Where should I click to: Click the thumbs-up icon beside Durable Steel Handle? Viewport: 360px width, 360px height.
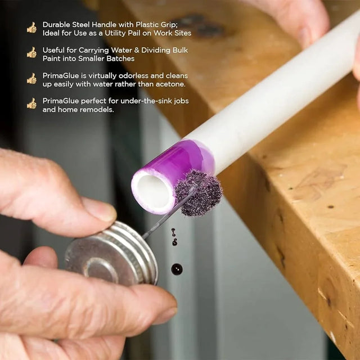tap(31, 28)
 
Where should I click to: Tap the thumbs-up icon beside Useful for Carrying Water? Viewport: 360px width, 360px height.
tap(31, 52)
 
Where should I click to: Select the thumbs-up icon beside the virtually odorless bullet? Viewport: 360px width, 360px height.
tap(31, 79)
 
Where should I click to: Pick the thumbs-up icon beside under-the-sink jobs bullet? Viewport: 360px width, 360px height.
tap(31, 103)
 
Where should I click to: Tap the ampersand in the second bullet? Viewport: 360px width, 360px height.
tap(137, 50)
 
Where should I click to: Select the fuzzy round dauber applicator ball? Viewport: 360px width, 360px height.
tap(198, 193)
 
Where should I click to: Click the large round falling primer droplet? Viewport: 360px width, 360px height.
tap(177, 269)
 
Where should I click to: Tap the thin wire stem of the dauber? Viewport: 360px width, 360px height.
tap(168, 213)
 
